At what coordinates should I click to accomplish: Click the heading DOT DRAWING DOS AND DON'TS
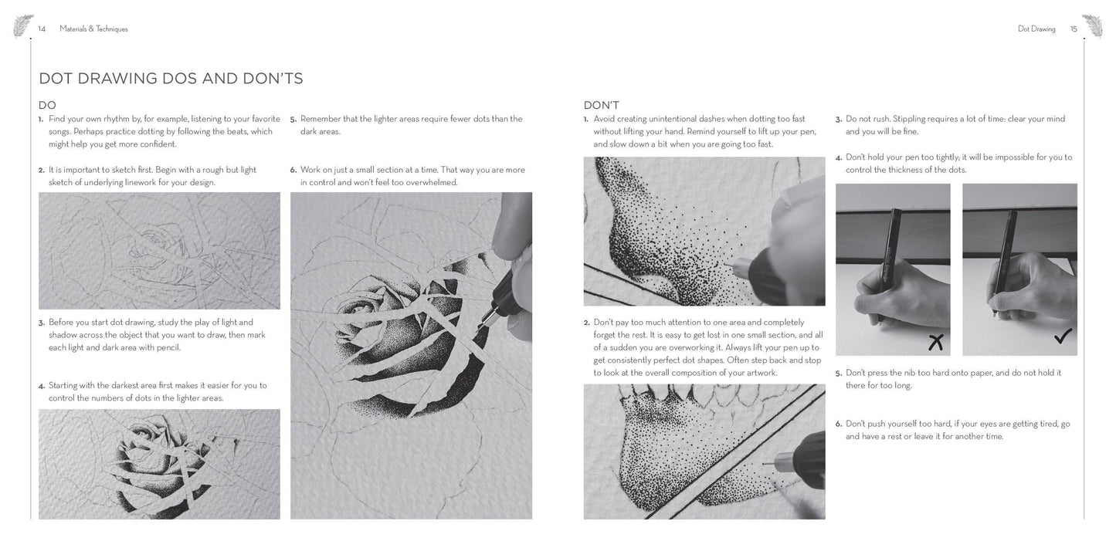(171, 79)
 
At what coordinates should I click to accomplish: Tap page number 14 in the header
(42, 29)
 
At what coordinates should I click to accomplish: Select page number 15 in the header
(1074, 29)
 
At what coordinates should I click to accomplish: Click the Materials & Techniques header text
(93, 29)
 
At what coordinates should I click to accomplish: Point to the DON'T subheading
(601, 106)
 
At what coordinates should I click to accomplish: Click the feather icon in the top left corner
(22, 25)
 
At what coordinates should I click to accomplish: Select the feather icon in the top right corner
(1093, 25)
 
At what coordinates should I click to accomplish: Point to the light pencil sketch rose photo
(159, 251)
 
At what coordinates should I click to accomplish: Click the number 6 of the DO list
(293, 170)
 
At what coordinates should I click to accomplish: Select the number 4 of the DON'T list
(839, 157)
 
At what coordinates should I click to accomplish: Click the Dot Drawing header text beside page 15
(1036, 29)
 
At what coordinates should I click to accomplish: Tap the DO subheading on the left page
(47, 106)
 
